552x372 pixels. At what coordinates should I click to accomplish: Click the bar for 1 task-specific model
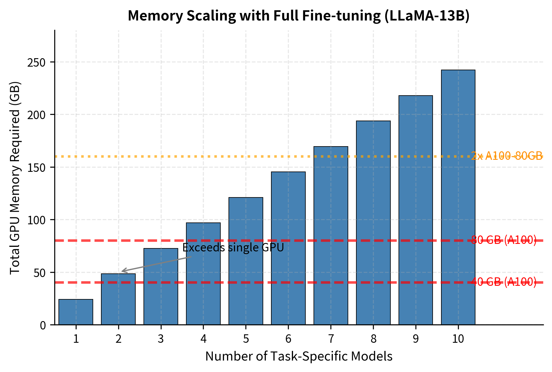[76, 312]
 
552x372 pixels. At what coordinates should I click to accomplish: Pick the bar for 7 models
[331, 235]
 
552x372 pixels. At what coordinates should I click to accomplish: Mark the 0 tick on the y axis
[43, 325]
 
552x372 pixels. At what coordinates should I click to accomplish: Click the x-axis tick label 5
[246, 339]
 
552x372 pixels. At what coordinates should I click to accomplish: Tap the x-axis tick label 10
[458, 339]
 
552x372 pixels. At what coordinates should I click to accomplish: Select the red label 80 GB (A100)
[503, 240]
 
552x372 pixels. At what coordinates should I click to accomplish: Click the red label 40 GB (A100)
[503, 282]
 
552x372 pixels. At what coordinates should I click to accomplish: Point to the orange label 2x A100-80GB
[506, 156]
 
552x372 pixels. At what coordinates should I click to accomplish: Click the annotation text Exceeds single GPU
[233, 248]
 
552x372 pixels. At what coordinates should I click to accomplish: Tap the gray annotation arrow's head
[123, 271]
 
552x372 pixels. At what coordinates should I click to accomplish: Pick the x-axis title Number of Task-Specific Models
[299, 356]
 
